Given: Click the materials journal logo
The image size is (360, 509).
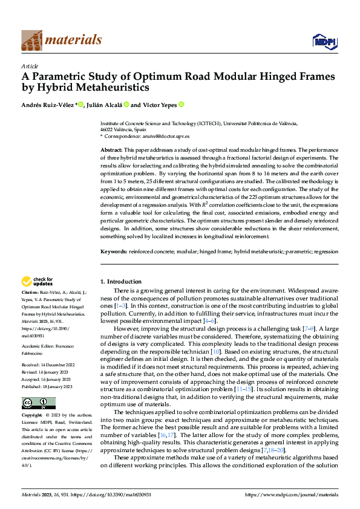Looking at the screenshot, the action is point(61,41).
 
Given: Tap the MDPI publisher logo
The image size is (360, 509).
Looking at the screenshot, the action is point(324,41).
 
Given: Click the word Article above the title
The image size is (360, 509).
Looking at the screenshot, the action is point(30,66).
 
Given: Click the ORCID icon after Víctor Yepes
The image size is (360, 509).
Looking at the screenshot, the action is point(181,105).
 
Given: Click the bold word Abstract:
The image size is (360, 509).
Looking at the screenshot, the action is point(111,149).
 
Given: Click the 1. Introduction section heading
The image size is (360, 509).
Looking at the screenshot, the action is point(120,282).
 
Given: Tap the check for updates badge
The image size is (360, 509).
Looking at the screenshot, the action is point(38,281).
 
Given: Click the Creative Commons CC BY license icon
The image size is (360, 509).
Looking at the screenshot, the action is point(38,403).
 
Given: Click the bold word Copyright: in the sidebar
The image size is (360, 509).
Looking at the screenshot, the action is point(33,416).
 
